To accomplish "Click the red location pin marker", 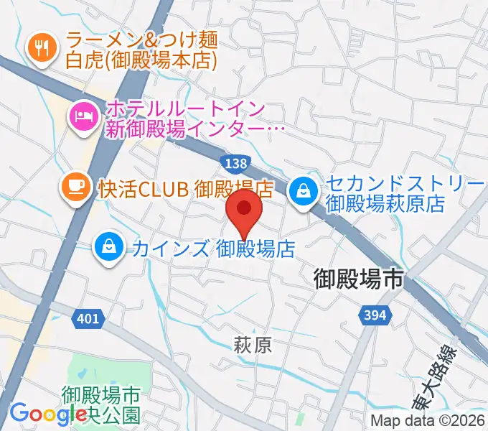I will point(244,209).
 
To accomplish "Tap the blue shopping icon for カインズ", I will point(108,247).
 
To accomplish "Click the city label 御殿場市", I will point(360,280).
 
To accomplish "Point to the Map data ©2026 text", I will point(428,421).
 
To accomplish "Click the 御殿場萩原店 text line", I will point(385,203).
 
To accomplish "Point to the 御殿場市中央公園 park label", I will point(100,404).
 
